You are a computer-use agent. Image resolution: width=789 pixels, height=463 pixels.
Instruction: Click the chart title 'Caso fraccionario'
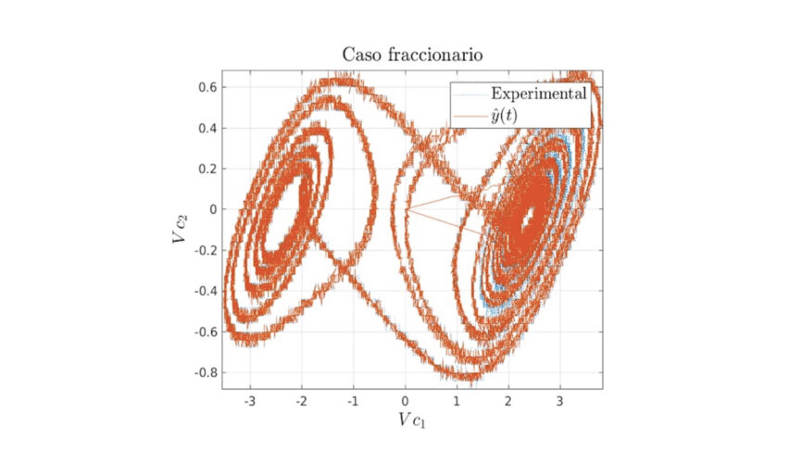[x=411, y=55]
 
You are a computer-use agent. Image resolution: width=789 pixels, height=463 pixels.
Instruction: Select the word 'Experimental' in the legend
[x=539, y=94]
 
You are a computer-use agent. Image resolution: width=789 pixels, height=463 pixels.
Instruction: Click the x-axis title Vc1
[x=412, y=420]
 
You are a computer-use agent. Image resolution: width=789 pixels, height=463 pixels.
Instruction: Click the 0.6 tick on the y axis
[x=206, y=87]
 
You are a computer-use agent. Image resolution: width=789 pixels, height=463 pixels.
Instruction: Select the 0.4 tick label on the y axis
[x=206, y=128]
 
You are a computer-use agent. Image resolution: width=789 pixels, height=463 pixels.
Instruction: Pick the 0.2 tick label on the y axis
[x=206, y=169]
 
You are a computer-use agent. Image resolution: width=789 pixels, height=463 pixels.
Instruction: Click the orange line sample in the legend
[x=469, y=115]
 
